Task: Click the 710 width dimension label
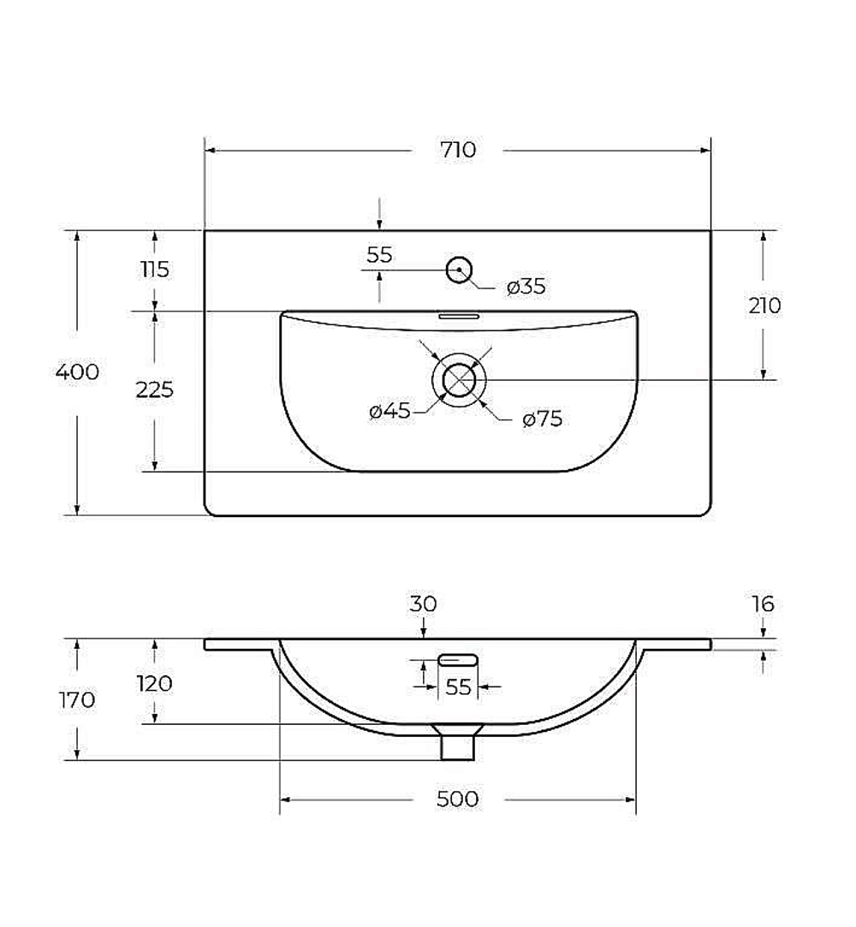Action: click(x=458, y=150)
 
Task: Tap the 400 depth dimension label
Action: click(x=77, y=371)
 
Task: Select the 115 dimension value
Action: click(x=155, y=270)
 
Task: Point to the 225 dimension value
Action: click(x=154, y=389)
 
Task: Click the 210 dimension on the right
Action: click(x=764, y=306)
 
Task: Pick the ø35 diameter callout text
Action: click(x=526, y=287)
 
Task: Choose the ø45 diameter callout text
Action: click(x=389, y=410)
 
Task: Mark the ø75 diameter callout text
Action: click(x=542, y=419)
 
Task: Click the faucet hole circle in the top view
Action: click(x=459, y=270)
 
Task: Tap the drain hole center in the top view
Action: click(x=459, y=379)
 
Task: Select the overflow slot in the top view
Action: click(x=459, y=317)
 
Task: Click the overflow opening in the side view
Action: click(x=458, y=660)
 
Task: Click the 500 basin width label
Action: click(x=457, y=799)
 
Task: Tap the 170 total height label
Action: click(x=77, y=700)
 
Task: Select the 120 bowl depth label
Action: click(x=154, y=683)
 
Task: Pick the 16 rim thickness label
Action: click(x=763, y=604)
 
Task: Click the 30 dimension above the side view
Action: click(x=423, y=604)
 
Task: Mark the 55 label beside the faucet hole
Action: click(x=379, y=255)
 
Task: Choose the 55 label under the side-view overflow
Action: click(x=458, y=687)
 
